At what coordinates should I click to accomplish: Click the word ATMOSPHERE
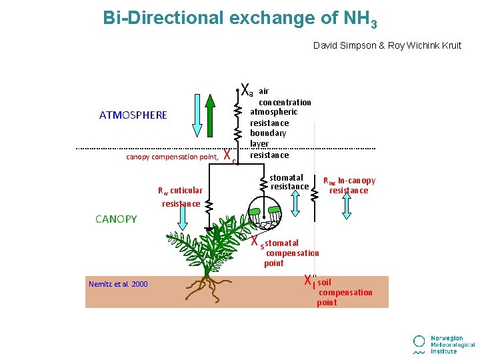click(x=133, y=115)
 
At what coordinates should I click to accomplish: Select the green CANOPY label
click(x=116, y=219)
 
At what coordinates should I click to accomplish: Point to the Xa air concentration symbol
click(x=246, y=89)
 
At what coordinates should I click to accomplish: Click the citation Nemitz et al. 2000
click(x=118, y=285)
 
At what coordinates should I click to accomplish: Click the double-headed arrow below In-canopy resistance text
click(x=349, y=207)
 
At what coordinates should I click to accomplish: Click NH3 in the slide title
click(x=360, y=19)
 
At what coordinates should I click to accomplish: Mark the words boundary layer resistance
click(x=269, y=144)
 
